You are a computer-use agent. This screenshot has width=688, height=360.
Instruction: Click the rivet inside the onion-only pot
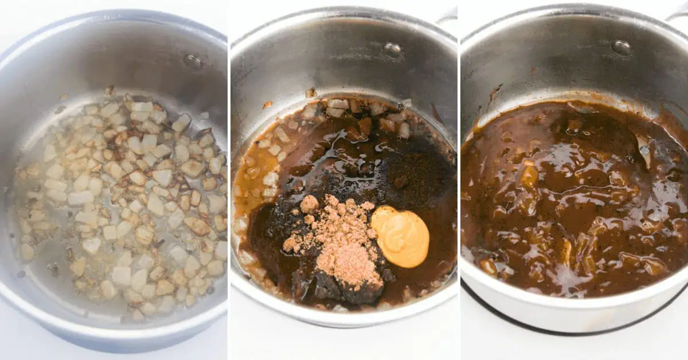tap(193, 61)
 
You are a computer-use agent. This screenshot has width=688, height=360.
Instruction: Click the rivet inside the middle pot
tap(392, 50)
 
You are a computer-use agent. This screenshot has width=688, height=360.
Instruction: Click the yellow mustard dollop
tap(401, 237)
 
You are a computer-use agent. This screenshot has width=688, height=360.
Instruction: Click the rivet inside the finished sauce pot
tap(621, 47)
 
